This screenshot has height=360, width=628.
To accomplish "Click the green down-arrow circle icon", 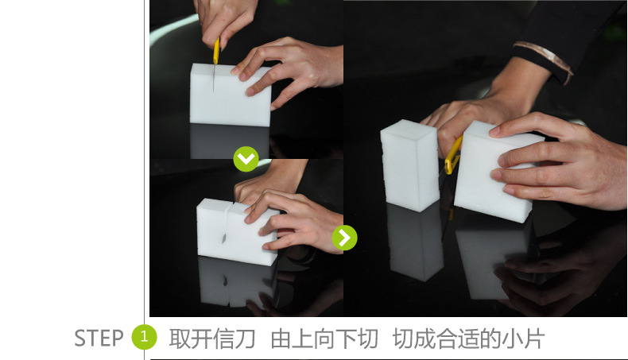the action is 246,159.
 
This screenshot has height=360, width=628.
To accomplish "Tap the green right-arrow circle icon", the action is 344,238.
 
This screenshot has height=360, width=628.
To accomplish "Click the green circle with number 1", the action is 144,337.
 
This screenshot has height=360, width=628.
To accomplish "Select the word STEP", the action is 99,338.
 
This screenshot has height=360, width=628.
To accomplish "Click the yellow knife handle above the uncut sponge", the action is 216,50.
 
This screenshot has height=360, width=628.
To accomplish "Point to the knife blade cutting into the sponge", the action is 214,77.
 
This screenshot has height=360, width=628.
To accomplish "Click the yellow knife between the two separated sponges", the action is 453,156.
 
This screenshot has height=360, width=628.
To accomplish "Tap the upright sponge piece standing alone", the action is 409,165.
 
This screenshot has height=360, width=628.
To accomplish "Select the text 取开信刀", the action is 212,339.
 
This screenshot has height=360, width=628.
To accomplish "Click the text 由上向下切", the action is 324,339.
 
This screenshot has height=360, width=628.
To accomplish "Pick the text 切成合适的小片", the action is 468,339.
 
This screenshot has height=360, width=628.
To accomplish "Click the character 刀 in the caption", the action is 245,339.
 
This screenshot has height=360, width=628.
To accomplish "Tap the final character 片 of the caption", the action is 534,339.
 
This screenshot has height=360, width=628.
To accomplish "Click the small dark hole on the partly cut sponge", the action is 224,238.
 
